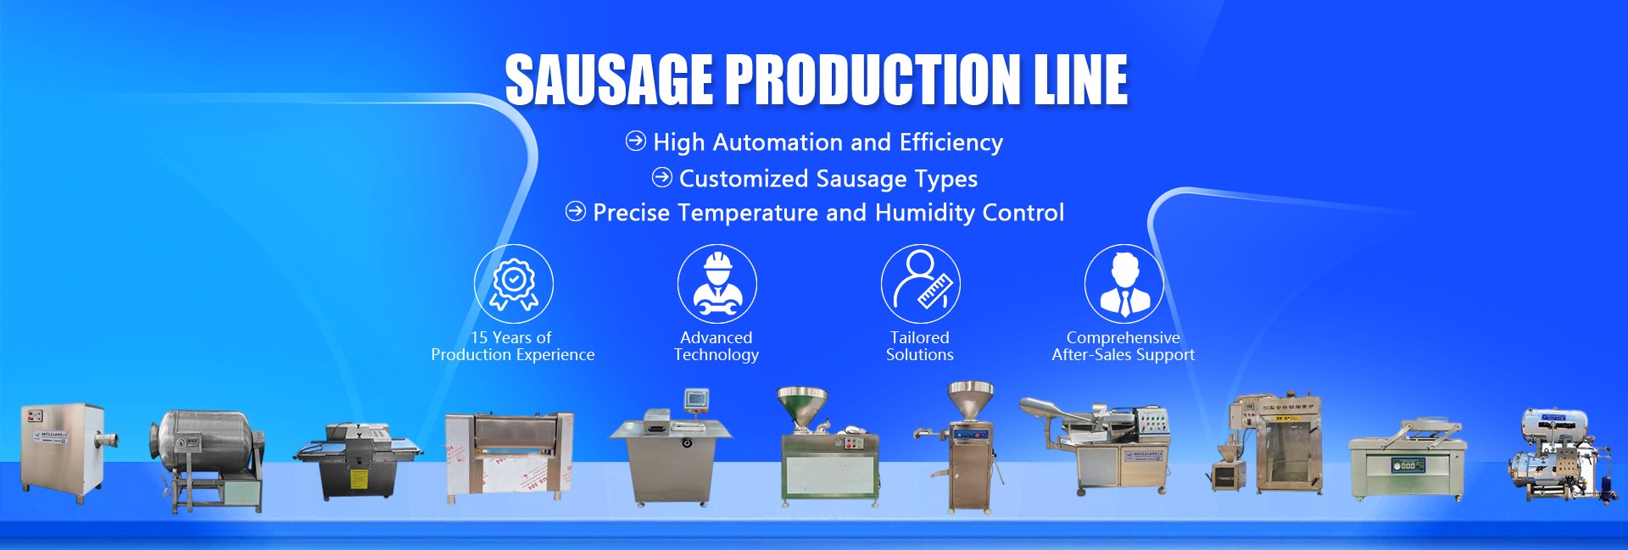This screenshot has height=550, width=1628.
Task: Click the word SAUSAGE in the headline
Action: click(x=609, y=80)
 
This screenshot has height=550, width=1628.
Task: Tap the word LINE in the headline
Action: click(x=1080, y=80)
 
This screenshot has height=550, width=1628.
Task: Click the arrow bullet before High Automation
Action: click(x=635, y=142)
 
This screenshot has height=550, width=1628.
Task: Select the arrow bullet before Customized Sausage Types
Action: click(x=661, y=178)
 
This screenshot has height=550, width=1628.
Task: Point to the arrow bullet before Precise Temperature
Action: click(x=575, y=212)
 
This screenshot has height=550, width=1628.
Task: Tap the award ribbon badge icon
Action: click(x=513, y=283)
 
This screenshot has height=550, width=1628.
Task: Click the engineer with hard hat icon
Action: click(x=716, y=283)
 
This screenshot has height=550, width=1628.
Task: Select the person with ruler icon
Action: click(x=920, y=283)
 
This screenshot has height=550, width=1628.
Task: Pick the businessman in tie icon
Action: click(x=1123, y=283)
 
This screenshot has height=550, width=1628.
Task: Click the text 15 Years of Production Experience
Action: click(x=512, y=346)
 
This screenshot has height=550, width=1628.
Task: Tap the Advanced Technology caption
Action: click(x=716, y=346)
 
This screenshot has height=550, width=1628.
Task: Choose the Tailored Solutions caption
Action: click(x=920, y=346)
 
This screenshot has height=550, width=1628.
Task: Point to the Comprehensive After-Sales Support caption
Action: click(x=1123, y=346)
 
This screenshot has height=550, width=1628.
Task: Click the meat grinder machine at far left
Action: click(x=66, y=449)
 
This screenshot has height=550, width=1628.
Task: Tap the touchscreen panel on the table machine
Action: click(x=697, y=399)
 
